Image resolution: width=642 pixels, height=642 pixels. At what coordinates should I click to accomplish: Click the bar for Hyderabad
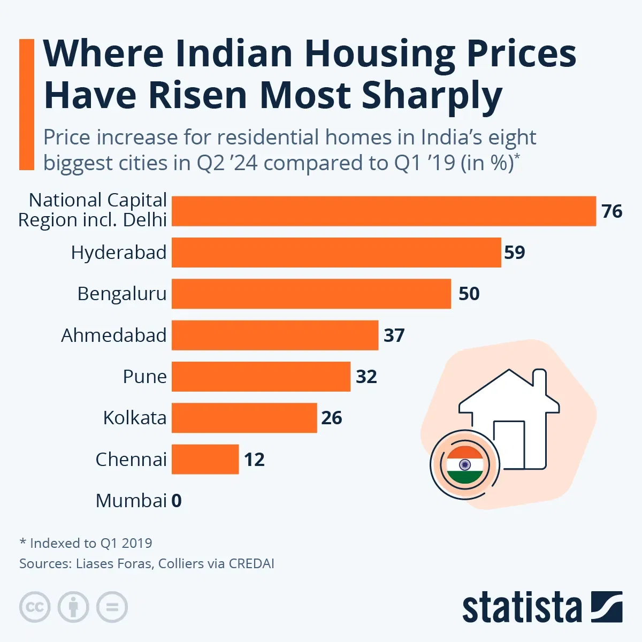[x=336, y=253]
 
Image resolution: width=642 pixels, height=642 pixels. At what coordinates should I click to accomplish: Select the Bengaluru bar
[x=311, y=294]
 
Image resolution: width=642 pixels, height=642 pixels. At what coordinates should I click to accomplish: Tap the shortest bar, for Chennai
[x=205, y=459]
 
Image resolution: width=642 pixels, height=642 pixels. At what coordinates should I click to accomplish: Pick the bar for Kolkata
[x=244, y=418]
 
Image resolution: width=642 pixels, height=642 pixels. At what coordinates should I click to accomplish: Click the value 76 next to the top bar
[x=612, y=211]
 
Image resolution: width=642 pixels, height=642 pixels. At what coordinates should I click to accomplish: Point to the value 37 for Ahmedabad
[x=394, y=335]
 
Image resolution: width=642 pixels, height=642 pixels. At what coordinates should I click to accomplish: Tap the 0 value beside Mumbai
[x=177, y=501]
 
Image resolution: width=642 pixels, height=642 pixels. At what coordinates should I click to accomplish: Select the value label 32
[x=366, y=377]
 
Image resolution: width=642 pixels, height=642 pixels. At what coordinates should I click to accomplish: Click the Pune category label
[x=144, y=377]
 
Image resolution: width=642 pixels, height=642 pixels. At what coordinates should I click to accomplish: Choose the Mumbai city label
[x=131, y=501]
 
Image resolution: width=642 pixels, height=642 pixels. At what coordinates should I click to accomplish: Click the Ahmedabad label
[x=113, y=335]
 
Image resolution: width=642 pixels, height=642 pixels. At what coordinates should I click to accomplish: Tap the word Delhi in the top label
[x=145, y=220]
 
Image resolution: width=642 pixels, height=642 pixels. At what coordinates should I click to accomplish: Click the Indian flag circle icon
[x=464, y=464]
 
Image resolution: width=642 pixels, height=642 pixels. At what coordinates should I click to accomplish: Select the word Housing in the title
[x=380, y=54]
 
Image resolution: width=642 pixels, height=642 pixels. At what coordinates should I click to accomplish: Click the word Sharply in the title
[x=432, y=96]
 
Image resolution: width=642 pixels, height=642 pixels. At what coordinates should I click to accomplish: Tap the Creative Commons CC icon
[x=35, y=607]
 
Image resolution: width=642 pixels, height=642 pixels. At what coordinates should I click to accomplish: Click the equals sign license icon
[x=112, y=607]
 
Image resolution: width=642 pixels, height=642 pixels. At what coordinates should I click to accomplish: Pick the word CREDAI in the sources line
[x=251, y=563]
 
